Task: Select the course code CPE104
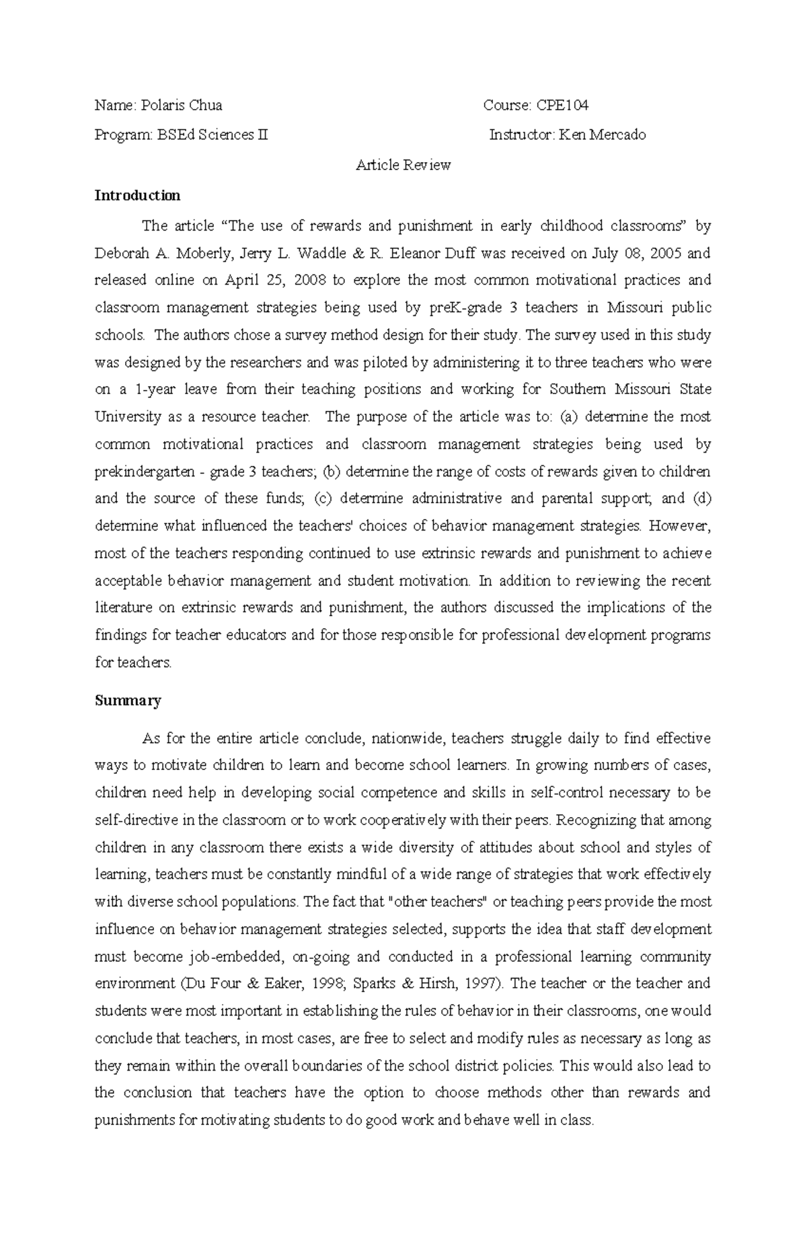(x=562, y=106)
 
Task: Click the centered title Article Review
(x=403, y=165)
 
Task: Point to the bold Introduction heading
(x=137, y=196)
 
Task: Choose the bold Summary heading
(x=128, y=701)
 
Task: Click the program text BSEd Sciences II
(x=213, y=135)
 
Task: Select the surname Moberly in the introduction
(x=206, y=254)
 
